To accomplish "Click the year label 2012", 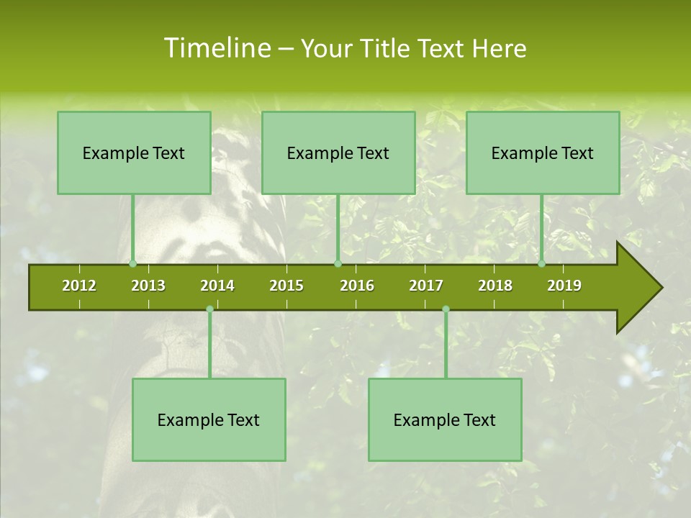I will click(x=79, y=286).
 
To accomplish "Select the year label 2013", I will click(x=148, y=286).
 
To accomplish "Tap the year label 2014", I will click(x=217, y=286).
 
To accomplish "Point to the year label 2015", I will click(x=286, y=286).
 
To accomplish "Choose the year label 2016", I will click(x=357, y=286).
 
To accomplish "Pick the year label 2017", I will click(x=426, y=286).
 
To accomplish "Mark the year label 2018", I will click(x=495, y=286).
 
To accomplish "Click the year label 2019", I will click(x=564, y=286).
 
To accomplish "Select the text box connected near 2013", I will click(x=134, y=153).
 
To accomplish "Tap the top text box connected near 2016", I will click(x=338, y=153).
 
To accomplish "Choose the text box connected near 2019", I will click(x=543, y=153).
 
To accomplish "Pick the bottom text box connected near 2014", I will click(x=209, y=419).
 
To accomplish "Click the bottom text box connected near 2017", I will click(x=445, y=419).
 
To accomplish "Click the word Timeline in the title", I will click(x=216, y=48).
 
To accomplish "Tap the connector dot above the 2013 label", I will click(x=132, y=264).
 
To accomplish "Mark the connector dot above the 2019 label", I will click(x=541, y=264).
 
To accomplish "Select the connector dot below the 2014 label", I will click(x=209, y=309).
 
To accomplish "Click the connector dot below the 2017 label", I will click(x=446, y=309).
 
